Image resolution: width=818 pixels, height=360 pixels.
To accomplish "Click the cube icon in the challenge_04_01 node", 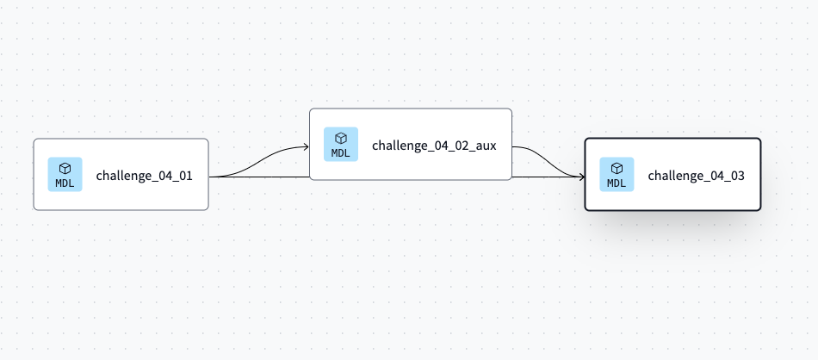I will tap(65, 169).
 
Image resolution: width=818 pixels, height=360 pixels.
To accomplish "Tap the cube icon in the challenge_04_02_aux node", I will tap(341, 138).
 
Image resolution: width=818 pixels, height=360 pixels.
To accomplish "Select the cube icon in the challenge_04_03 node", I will tap(617, 169).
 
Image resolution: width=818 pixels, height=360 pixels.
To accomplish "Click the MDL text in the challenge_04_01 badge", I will tap(65, 183).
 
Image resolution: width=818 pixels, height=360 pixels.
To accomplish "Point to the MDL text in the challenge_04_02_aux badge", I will tap(341, 153).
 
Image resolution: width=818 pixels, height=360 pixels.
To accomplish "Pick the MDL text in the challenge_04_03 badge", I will tap(617, 183).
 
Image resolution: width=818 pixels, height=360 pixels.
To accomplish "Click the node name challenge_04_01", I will tap(144, 176).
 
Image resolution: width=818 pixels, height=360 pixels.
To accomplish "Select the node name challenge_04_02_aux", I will tap(433, 145).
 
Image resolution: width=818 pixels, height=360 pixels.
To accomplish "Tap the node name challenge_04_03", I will tap(696, 176).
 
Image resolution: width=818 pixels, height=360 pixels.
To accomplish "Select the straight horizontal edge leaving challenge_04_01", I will tap(258, 177).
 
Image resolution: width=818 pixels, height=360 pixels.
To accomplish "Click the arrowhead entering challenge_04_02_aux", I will tap(306, 147).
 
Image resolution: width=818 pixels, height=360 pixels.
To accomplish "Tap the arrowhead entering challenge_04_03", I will tap(581, 177).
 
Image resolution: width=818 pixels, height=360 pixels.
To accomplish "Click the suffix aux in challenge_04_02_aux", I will tap(485, 145).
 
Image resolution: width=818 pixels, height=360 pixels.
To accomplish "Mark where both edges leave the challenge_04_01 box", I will tap(210, 177).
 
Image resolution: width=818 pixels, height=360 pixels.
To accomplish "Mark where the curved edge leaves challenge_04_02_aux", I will tap(514, 147).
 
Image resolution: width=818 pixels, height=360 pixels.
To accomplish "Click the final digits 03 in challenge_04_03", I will tap(735, 176).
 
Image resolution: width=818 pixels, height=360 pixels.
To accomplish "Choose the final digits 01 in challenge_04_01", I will tap(184, 176).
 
